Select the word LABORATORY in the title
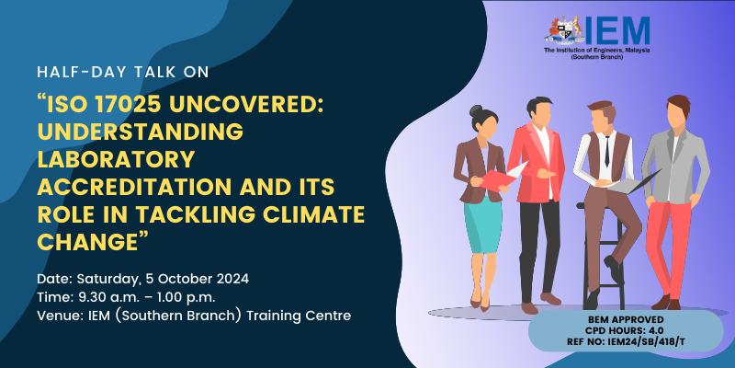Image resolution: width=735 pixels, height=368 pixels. pyautogui.click(x=116, y=160)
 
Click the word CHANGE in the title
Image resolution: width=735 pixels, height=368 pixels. pyautogui.click(x=85, y=241)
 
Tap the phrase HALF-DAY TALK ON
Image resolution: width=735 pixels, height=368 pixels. pyautogui.click(x=123, y=73)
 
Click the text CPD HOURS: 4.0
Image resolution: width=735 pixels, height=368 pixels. pyautogui.click(x=626, y=331)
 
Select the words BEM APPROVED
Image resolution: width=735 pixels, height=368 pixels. pyautogui.click(x=626, y=320)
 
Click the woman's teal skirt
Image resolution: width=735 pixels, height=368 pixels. pyautogui.click(x=483, y=224)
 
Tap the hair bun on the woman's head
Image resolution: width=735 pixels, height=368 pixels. pyautogui.click(x=474, y=110)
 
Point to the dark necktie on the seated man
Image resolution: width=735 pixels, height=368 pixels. pyautogui.click(x=607, y=150)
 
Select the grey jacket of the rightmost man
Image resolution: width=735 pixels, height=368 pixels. pyautogui.click(x=676, y=166)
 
